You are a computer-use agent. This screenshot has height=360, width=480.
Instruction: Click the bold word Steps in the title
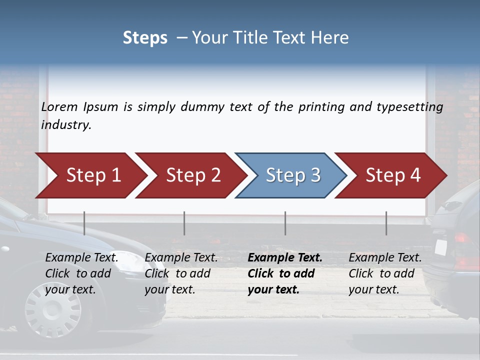pyautogui.click(x=145, y=37)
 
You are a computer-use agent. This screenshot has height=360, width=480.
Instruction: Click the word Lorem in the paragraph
pyautogui.click(x=59, y=106)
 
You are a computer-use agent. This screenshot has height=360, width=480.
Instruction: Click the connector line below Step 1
pyautogui.click(x=84, y=223)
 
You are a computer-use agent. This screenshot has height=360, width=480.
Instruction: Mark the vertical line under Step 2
pyautogui.click(x=184, y=223)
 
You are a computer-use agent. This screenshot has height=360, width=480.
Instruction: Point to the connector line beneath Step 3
pyautogui.click(x=285, y=223)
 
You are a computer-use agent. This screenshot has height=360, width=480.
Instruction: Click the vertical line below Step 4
pyautogui.click(x=386, y=223)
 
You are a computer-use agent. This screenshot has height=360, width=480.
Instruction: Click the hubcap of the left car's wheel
pyautogui.click(x=53, y=308)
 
